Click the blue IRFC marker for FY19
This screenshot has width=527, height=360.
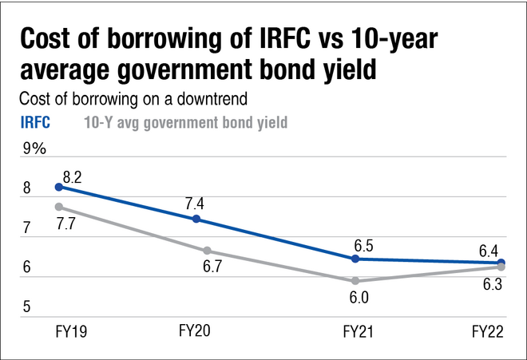click(59, 187)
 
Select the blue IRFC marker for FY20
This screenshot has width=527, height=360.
click(196, 220)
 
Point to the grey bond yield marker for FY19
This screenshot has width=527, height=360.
click(59, 207)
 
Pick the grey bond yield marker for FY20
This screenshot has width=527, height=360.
click(196, 251)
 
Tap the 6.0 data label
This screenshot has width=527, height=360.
click(357, 299)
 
